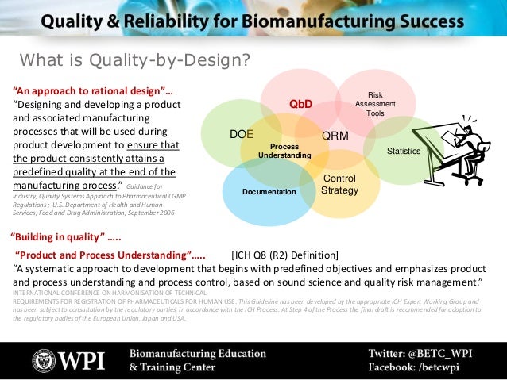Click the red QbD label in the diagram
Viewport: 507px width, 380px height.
click(x=300, y=104)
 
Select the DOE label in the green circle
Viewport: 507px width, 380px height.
click(x=241, y=134)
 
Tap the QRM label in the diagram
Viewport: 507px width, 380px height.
click(x=335, y=136)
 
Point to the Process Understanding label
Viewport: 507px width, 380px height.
click(x=284, y=152)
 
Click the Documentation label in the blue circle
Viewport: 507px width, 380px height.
click(x=269, y=192)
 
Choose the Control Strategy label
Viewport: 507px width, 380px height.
click(x=339, y=184)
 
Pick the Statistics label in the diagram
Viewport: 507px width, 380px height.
click(x=403, y=150)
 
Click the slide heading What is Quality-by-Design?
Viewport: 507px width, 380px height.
click(x=134, y=60)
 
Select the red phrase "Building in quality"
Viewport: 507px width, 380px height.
click(x=67, y=237)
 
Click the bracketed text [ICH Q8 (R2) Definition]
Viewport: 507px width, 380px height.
click(x=284, y=255)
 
